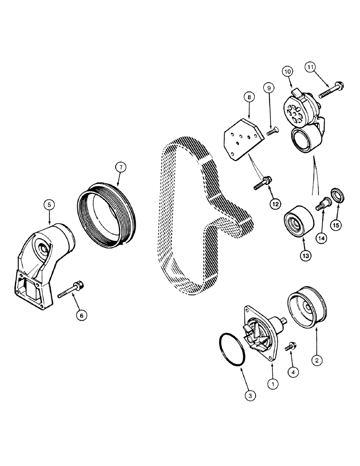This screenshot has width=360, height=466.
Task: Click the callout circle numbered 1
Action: coord(273,383)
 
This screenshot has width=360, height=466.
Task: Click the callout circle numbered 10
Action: coord(287,71)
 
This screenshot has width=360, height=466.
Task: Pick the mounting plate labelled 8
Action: coord(242,138)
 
